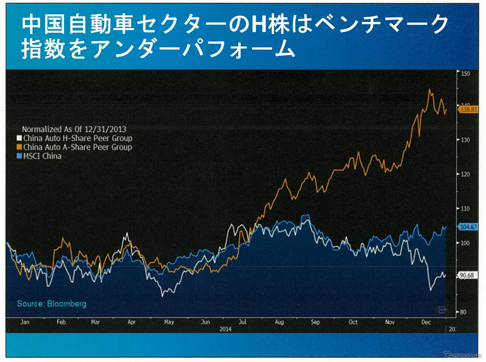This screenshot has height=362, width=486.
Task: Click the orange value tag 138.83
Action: click(468, 109)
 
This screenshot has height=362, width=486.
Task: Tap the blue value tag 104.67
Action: click(468, 227)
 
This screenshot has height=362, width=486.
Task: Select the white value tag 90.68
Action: click(467, 275)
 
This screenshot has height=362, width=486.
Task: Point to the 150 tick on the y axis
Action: click(466, 74)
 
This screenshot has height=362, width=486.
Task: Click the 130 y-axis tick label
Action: click(466, 140)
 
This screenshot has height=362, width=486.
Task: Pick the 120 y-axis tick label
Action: click(466, 174)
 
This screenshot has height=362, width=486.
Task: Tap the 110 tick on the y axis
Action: click(466, 209)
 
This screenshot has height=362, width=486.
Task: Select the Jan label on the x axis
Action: click(25, 322)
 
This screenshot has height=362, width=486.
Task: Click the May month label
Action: click(169, 322)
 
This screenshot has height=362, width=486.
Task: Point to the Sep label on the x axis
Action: click(315, 322)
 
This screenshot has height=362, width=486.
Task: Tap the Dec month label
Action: click(426, 322)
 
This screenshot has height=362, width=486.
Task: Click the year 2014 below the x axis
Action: click(225, 329)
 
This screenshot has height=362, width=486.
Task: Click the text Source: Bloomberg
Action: click(52, 304)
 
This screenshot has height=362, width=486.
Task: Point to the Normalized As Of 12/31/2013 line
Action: click(74, 129)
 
